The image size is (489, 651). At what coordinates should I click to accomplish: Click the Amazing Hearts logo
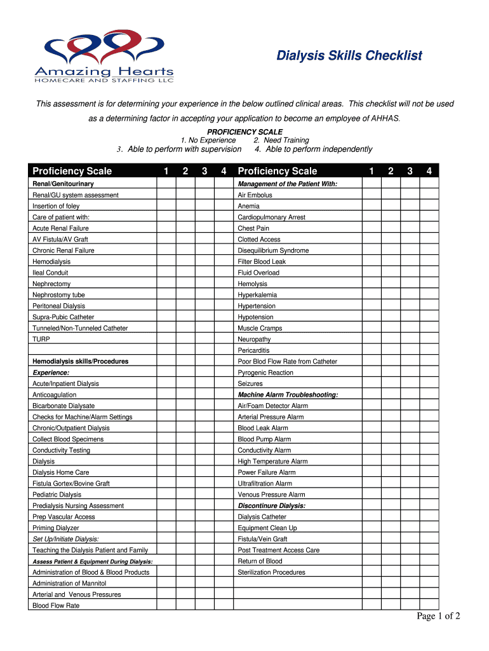[x=104, y=57]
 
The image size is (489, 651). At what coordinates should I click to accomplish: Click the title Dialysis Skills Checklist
[x=349, y=56]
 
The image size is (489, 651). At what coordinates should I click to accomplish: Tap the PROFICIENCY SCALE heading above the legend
[x=245, y=132]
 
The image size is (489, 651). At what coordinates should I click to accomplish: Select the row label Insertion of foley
[x=57, y=206]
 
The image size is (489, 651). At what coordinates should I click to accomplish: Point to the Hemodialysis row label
[x=51, y=261]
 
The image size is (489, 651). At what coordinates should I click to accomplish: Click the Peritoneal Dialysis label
[x=58, y=306]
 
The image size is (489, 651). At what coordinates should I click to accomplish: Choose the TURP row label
[x=41, y=339]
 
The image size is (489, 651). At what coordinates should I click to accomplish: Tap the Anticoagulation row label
[x=54, y=395]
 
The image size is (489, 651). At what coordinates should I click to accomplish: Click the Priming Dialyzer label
[x=56, y=528]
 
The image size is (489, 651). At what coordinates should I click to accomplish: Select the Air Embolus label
[x=255, y=195]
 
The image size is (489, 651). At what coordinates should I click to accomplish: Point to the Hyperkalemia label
[x=257, y=295]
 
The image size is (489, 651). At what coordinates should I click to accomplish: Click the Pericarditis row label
[x=253, y=350]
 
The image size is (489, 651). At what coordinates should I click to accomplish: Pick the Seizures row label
[x=250, y=383]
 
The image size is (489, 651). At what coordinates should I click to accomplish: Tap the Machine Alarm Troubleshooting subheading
[x=288, y=395]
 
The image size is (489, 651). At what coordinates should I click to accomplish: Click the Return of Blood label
[x=260, y=561]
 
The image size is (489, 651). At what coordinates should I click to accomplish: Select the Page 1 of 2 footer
[x=438, y=615]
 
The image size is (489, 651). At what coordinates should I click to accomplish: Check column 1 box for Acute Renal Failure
[x=166, y=228]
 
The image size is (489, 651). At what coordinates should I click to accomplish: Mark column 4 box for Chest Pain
[x=429, y=228]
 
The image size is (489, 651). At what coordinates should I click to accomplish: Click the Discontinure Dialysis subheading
[x=272, y=505]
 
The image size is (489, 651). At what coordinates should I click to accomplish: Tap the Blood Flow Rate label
[x=56, y=605]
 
